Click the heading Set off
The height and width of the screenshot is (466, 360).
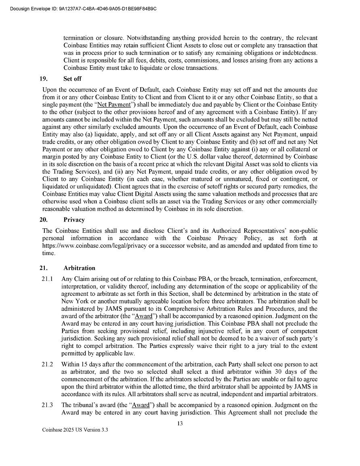(72, 79)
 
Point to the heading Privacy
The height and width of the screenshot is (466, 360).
(74, 220)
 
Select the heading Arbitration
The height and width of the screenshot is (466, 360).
(79, 268)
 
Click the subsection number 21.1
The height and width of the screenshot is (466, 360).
(47, 279)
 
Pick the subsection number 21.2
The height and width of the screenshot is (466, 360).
(47, 364)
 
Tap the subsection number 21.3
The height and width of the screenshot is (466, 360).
(47, 405)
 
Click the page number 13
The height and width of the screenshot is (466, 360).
(180, 423)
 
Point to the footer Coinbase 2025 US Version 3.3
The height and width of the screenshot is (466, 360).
(75, 430)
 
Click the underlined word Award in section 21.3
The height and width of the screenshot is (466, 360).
(141, 405)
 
